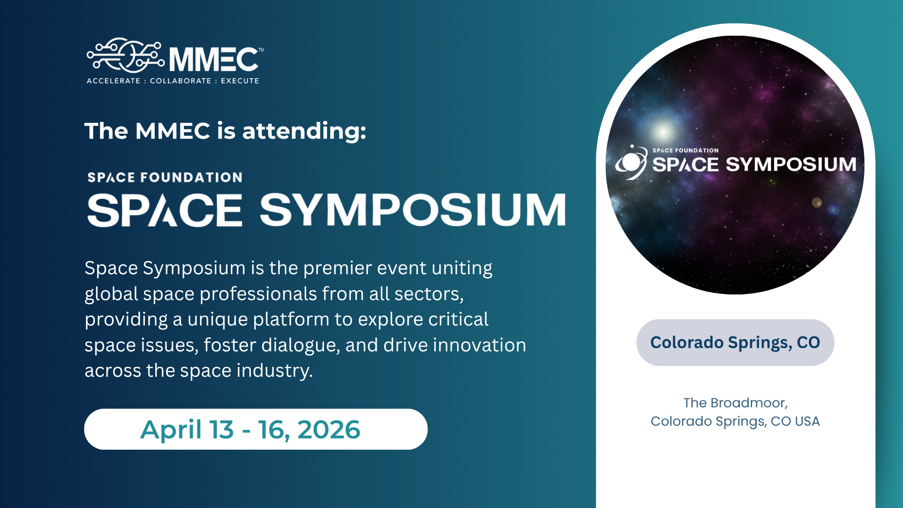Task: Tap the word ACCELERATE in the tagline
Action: point(113,81)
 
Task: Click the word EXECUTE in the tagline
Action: point(240,81)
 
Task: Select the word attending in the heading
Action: point(304,131)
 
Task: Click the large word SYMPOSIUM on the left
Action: point(413,210)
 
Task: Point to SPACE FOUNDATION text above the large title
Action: point(165,177)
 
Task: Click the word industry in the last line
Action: point(275,371)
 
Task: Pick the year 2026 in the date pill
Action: point(329,430)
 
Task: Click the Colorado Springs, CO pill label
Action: point(735,342)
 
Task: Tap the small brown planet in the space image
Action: point(817,203)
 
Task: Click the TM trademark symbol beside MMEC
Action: point(261,50)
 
